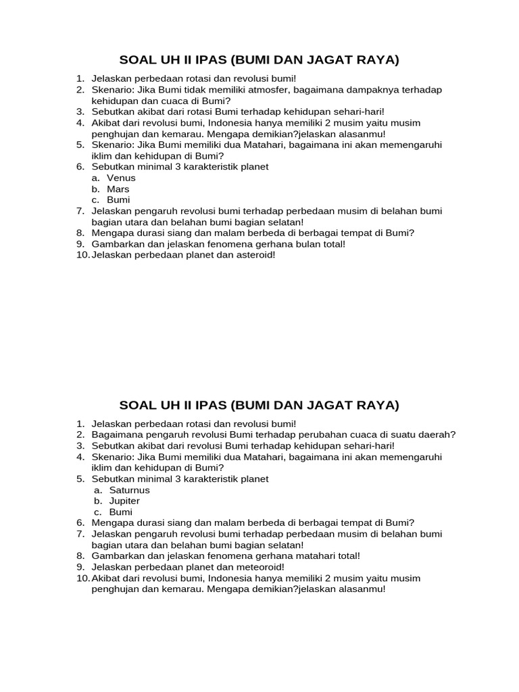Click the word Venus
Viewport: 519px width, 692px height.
121,178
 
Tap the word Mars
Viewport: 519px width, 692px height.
118,189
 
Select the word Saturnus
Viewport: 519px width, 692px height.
128,490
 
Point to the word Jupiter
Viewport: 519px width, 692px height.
124,501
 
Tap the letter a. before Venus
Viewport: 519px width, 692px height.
96,178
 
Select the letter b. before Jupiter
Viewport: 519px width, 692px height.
98,501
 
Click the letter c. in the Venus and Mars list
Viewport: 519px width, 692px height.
96,200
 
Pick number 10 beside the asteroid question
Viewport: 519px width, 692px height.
82,255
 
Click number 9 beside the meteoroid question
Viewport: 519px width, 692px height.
80,567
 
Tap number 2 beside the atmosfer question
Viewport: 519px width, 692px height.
80,89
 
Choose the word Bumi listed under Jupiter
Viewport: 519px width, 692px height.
120,512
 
